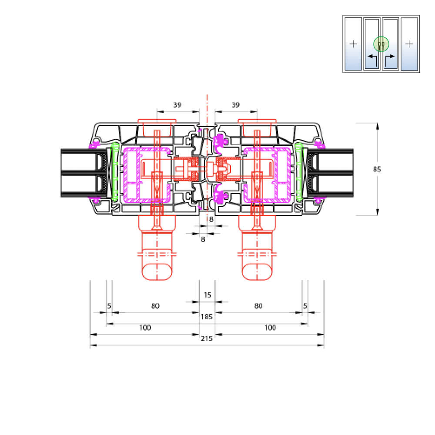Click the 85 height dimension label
(377, 169)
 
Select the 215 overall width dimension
(207, 338)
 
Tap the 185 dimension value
(207, 317)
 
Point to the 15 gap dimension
(207, 294)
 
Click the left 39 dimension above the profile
(177, 105)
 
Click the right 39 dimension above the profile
(235, 105)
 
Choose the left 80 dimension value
(155, 306)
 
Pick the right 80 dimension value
(258, 306)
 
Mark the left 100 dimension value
(145, 328)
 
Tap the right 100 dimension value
(270, 328)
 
